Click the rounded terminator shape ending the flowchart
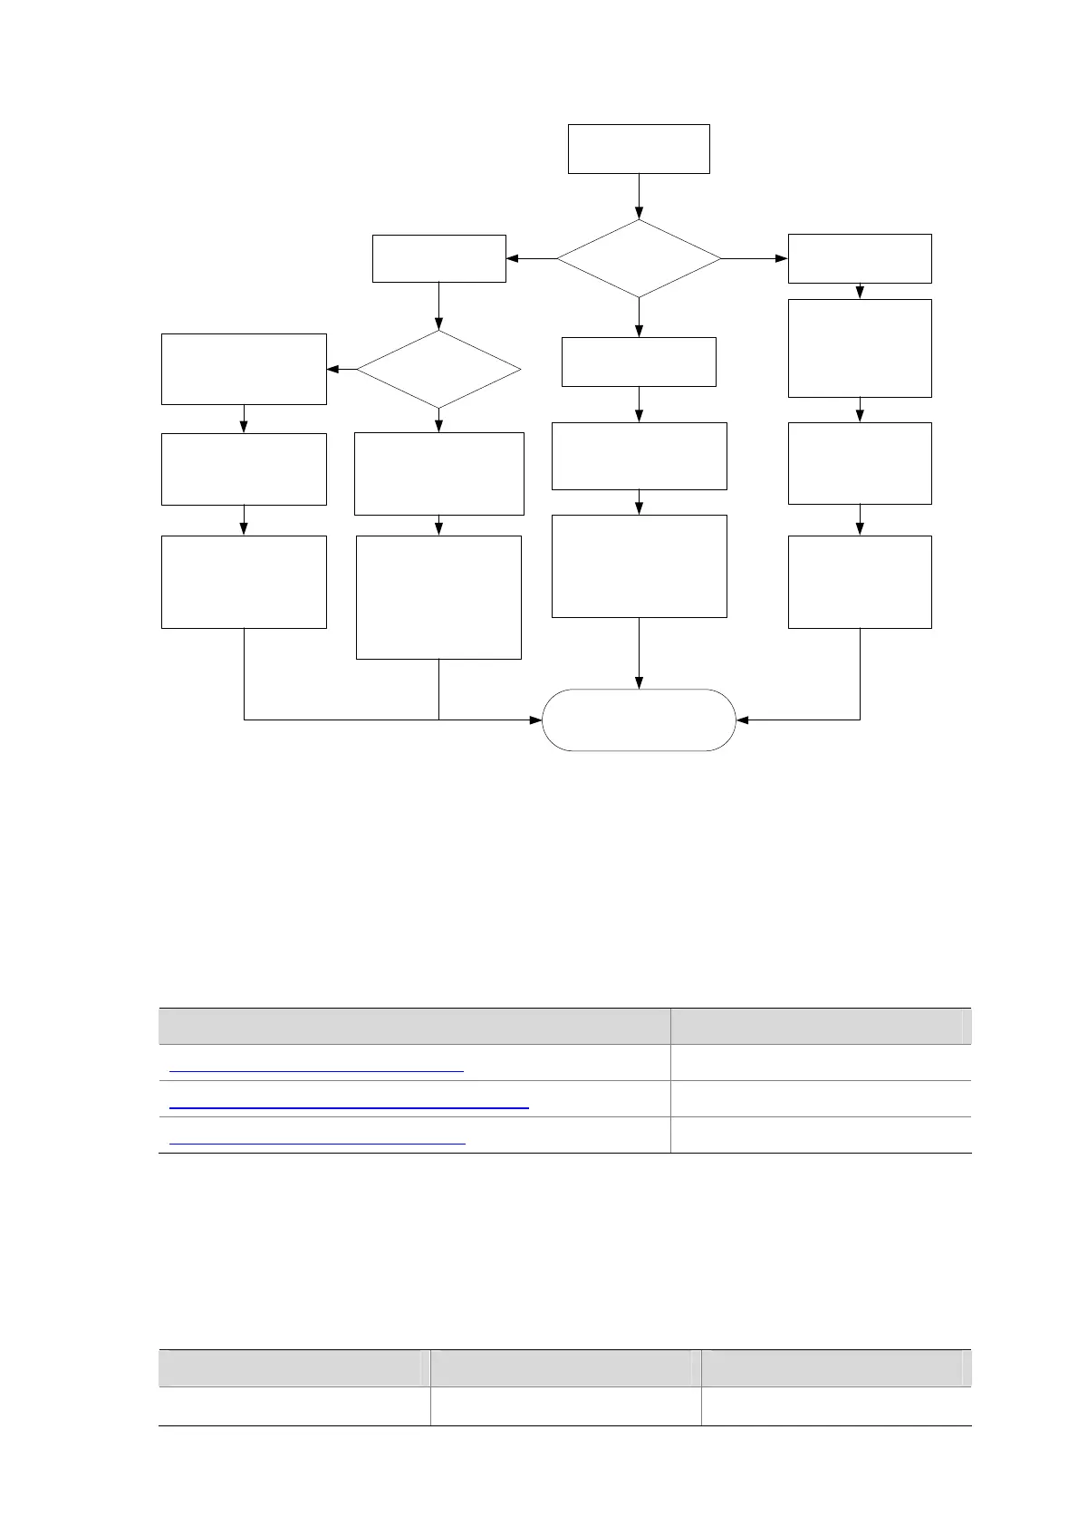(x=639, y=720)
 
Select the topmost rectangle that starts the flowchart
(x=639, y=149)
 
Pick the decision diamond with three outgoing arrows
(x=639, y=258)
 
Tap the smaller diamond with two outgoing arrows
(x=438, y=369)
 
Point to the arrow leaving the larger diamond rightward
(x=755, y=258)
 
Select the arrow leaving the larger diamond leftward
(x=531, y=258)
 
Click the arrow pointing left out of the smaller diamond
(x=342, y=369)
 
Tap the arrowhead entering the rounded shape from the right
(x=743, y=720)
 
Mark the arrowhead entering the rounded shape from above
(x=639, y=683)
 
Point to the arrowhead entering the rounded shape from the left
(x=535, y=720)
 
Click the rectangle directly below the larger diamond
(x=639, y=362)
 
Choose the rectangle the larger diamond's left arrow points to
(x=438, y=258)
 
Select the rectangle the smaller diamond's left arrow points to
(x=244, y=369)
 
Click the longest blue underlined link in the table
(x=349, y=1107)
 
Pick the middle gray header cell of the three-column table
(x=564, y=1367)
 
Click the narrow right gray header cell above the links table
(x=820, y=1026)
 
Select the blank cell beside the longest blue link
(x=820, y=1098)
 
